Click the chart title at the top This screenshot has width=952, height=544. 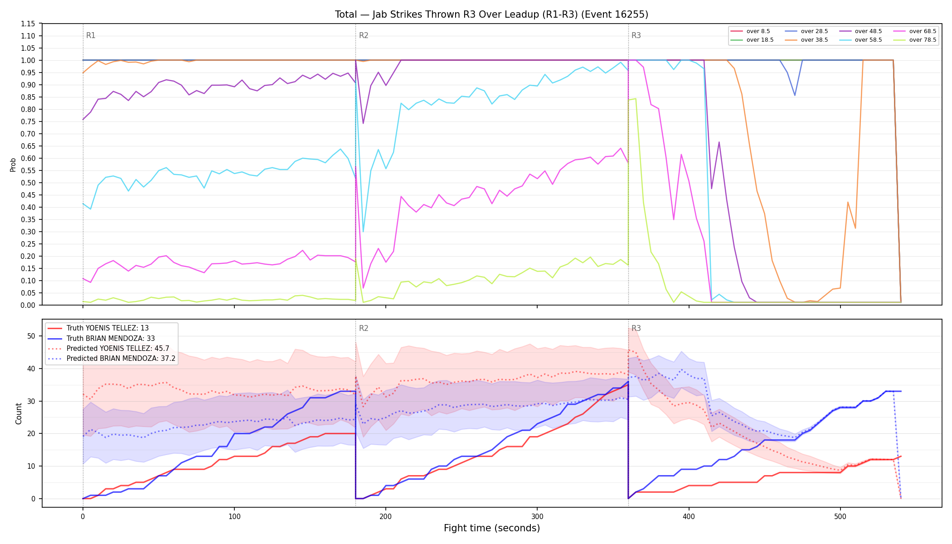(491, 15)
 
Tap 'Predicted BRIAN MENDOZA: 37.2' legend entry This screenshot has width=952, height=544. (112, 358)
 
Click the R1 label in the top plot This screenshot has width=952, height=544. (91, 35)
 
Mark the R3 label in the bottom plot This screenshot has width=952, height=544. (636, 328)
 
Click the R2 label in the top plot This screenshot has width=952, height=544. (364, 35)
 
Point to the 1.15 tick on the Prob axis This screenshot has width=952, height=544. (28, 24)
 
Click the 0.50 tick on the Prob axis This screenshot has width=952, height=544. (28, 183)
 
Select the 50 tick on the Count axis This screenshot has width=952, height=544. (31, 336)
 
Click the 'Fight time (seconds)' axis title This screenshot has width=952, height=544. (492, 528)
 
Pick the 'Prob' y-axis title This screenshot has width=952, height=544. (13, 165)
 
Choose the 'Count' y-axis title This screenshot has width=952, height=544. (19, 413)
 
